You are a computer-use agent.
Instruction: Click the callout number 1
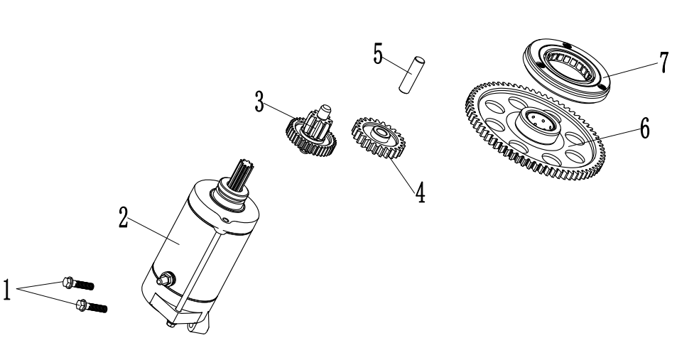coord(6,290)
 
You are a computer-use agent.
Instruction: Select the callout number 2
coord(124,217)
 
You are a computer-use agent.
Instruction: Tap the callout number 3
coord(259,102)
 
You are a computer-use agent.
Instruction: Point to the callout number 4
coord(420,192)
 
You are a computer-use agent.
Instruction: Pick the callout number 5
coord(378,54)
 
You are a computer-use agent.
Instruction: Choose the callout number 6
coord(644,129)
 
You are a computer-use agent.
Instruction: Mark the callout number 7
coord(664,63)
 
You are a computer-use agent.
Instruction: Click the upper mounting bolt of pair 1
coord(78,283)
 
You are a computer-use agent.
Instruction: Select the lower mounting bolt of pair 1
coord(92,306)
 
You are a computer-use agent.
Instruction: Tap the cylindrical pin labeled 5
coord(412,74)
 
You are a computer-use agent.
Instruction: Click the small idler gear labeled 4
coord(378,138)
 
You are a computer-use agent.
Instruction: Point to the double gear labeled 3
coord(311,131)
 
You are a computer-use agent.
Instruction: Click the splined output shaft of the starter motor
coord(241,177)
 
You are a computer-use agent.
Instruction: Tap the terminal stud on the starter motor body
coord(166,279)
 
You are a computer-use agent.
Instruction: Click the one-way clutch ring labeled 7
coord(566,70)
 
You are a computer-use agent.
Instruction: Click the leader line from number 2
coord(153,231)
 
